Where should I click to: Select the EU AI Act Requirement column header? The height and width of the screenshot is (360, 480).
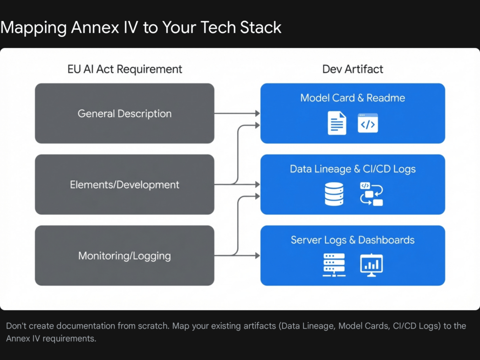click(x=124, y=69)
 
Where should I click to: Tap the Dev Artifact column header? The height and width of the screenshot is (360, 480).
click(x=352, y=69)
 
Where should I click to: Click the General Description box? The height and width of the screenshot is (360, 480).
click(x=124, y=113)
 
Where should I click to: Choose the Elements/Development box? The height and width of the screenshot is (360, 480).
click(x=124, y=184)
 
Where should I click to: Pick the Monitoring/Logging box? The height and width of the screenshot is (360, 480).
click(x=124, y=256)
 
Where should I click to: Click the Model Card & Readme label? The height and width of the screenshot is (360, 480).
click(x=352, y=98)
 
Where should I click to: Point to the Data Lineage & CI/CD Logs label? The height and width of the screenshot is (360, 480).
click(x=352, y=169)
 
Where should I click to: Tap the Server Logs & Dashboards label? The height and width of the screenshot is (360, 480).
click(x=352, y=240)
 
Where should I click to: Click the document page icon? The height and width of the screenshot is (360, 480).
click(x=336, y=123)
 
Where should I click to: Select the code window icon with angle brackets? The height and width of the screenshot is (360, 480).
click(x=368, y=123)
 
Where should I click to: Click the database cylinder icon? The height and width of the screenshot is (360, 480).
click(x=334, y=194)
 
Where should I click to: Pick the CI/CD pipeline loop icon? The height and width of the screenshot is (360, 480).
click(x=371, y=194)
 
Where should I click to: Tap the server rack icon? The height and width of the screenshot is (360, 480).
click(x=334, y=265)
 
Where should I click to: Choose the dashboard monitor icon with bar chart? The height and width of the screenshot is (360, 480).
click(x=371, y=265)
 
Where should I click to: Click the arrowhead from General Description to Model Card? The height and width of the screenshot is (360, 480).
click(x=257, y=113)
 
